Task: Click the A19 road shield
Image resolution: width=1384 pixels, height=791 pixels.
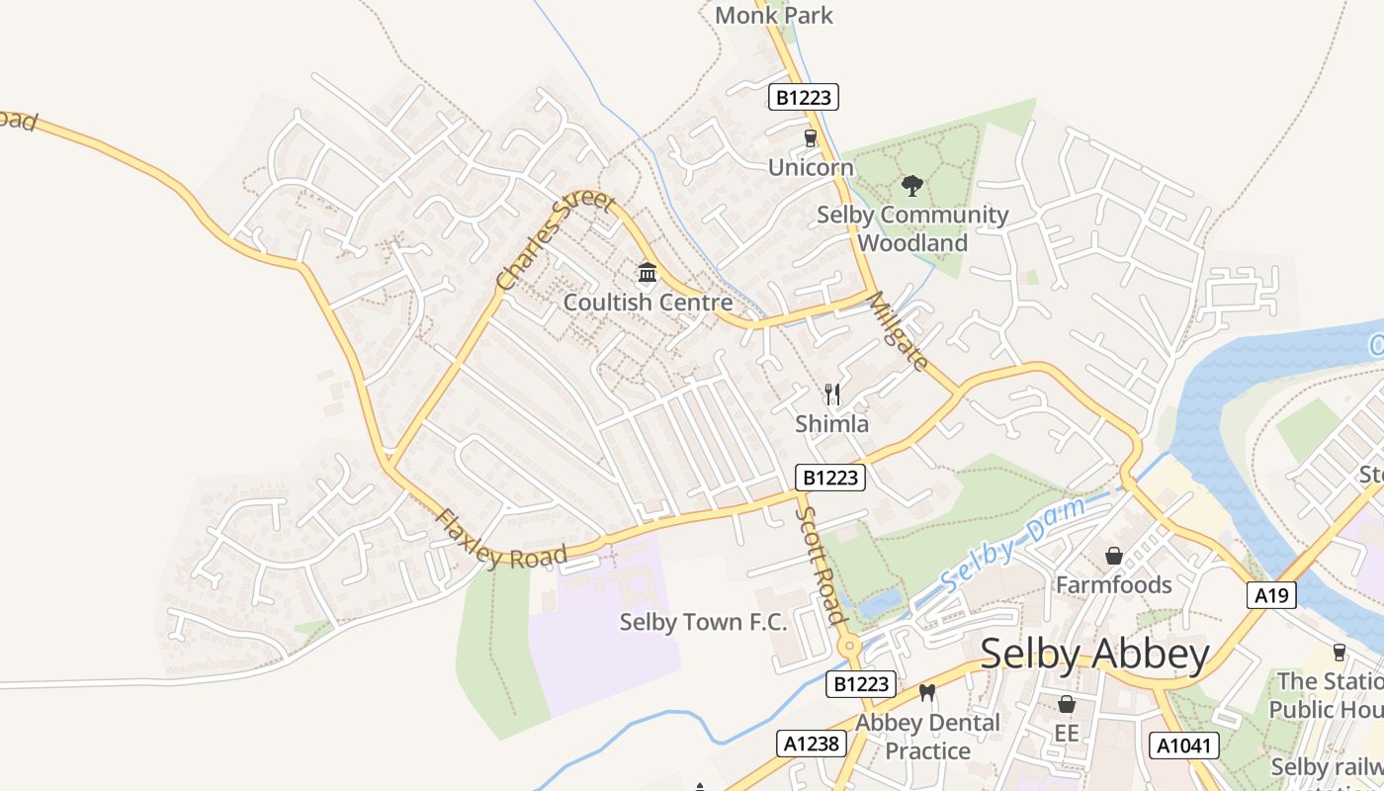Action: point(1270,594)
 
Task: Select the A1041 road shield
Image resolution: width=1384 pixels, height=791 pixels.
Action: point(1183,745)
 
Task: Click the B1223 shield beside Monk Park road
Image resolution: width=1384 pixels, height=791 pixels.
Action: point(804,97)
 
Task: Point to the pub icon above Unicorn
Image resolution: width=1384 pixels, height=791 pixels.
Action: point(811,138)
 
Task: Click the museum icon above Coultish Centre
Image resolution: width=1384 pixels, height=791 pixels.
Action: point(648,272)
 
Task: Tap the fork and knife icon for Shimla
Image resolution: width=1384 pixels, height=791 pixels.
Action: point(832,395)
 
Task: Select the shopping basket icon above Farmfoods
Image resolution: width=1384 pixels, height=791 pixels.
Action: point(1113,556)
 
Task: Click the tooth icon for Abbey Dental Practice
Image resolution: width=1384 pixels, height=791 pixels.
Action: point(927,692)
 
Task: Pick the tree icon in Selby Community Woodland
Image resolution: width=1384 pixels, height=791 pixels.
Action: point(912,185)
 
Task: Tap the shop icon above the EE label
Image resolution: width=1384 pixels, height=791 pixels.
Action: point(1066,704)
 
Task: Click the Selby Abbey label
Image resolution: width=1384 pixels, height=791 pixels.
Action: point(1094,655)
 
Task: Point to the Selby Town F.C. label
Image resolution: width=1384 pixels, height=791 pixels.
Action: point(703,622)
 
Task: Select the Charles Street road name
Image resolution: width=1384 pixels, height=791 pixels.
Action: point(555,240)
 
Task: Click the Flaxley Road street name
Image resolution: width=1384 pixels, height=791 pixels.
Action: point(502,541)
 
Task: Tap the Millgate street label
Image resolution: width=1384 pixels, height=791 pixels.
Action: point(899,331)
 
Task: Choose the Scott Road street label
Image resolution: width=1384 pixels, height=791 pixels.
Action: point(821,565)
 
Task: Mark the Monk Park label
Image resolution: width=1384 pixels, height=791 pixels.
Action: point(774,15)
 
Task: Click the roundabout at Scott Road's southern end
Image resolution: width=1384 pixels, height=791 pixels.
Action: point(848,647)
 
